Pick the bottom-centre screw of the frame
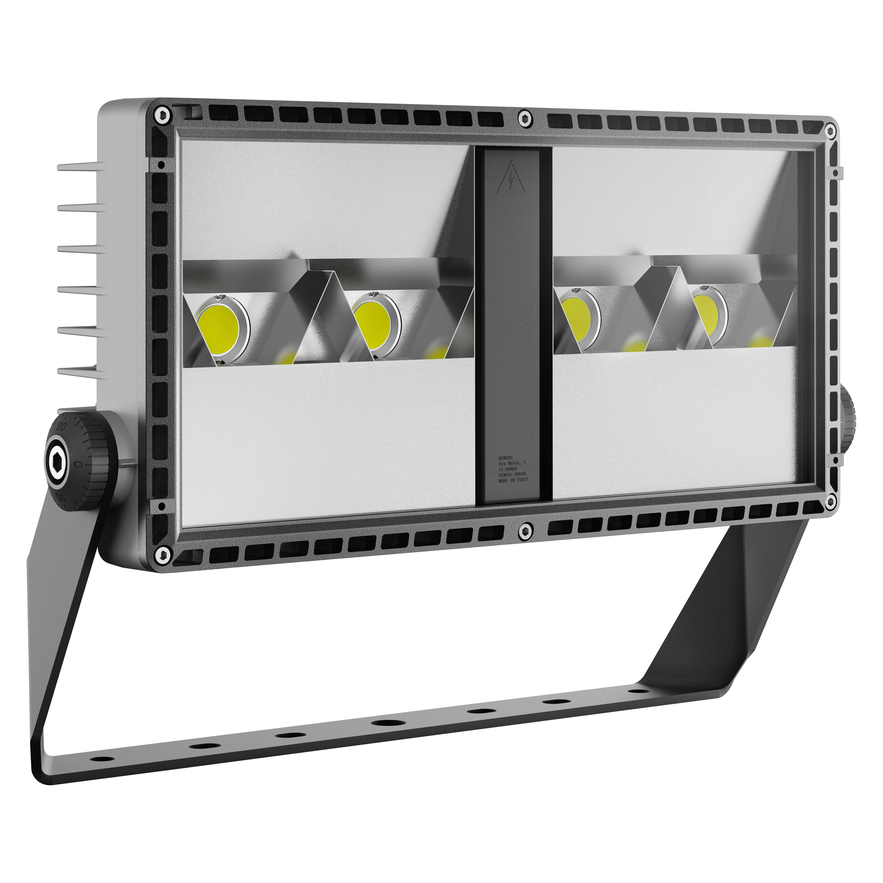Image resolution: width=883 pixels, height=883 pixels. tap(526, 531)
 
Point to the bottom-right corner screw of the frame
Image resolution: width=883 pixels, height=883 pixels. tap(830, 501)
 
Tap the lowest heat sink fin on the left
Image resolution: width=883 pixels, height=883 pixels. tap(80, 373)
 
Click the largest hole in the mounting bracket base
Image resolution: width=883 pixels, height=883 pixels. tap(386, 723)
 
